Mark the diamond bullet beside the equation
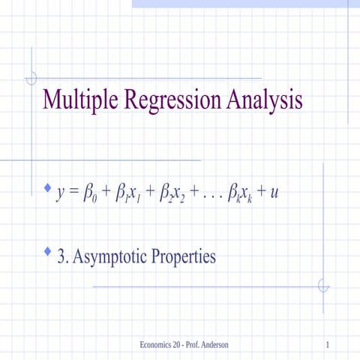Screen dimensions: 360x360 point(48,185)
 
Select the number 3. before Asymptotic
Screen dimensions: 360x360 point(64,257)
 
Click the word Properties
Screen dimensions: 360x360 point(185,257)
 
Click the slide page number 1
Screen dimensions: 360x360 point(329,344)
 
